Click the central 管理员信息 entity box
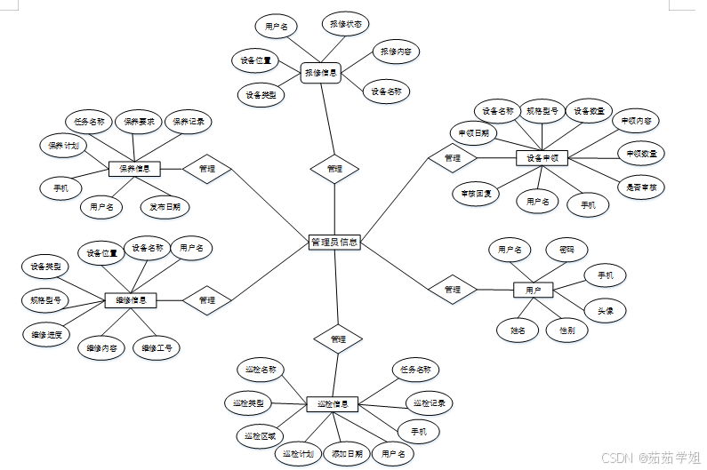pyautogui.click(x=334, y=242)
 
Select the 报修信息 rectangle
pyautogui.click(x=321, y=73)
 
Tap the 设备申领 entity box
pyautogui.click(x=542, y=157)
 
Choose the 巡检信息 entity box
pyautogui.click(x=333, y=404)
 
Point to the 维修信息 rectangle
pyautogui.click(x=131, y=300)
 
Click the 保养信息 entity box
pyautogui.click(x=134, y=168)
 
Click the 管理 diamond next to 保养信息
pyautogui.click(x=207, y=168)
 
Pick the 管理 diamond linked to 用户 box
pyautogui.click(x=453, y=289)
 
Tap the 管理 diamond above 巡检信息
pyautogui.click(x=338, y=339)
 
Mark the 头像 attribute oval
pyautogui.click(x=606, y=310)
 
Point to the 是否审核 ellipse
pyautogui.click(x=641, y=187)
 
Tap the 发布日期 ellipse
pyautogui.click(x=165, y=208)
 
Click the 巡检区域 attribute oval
pyautogui.click(x=260, y=435)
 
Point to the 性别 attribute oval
pyautogui.click(x=566, y=331)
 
